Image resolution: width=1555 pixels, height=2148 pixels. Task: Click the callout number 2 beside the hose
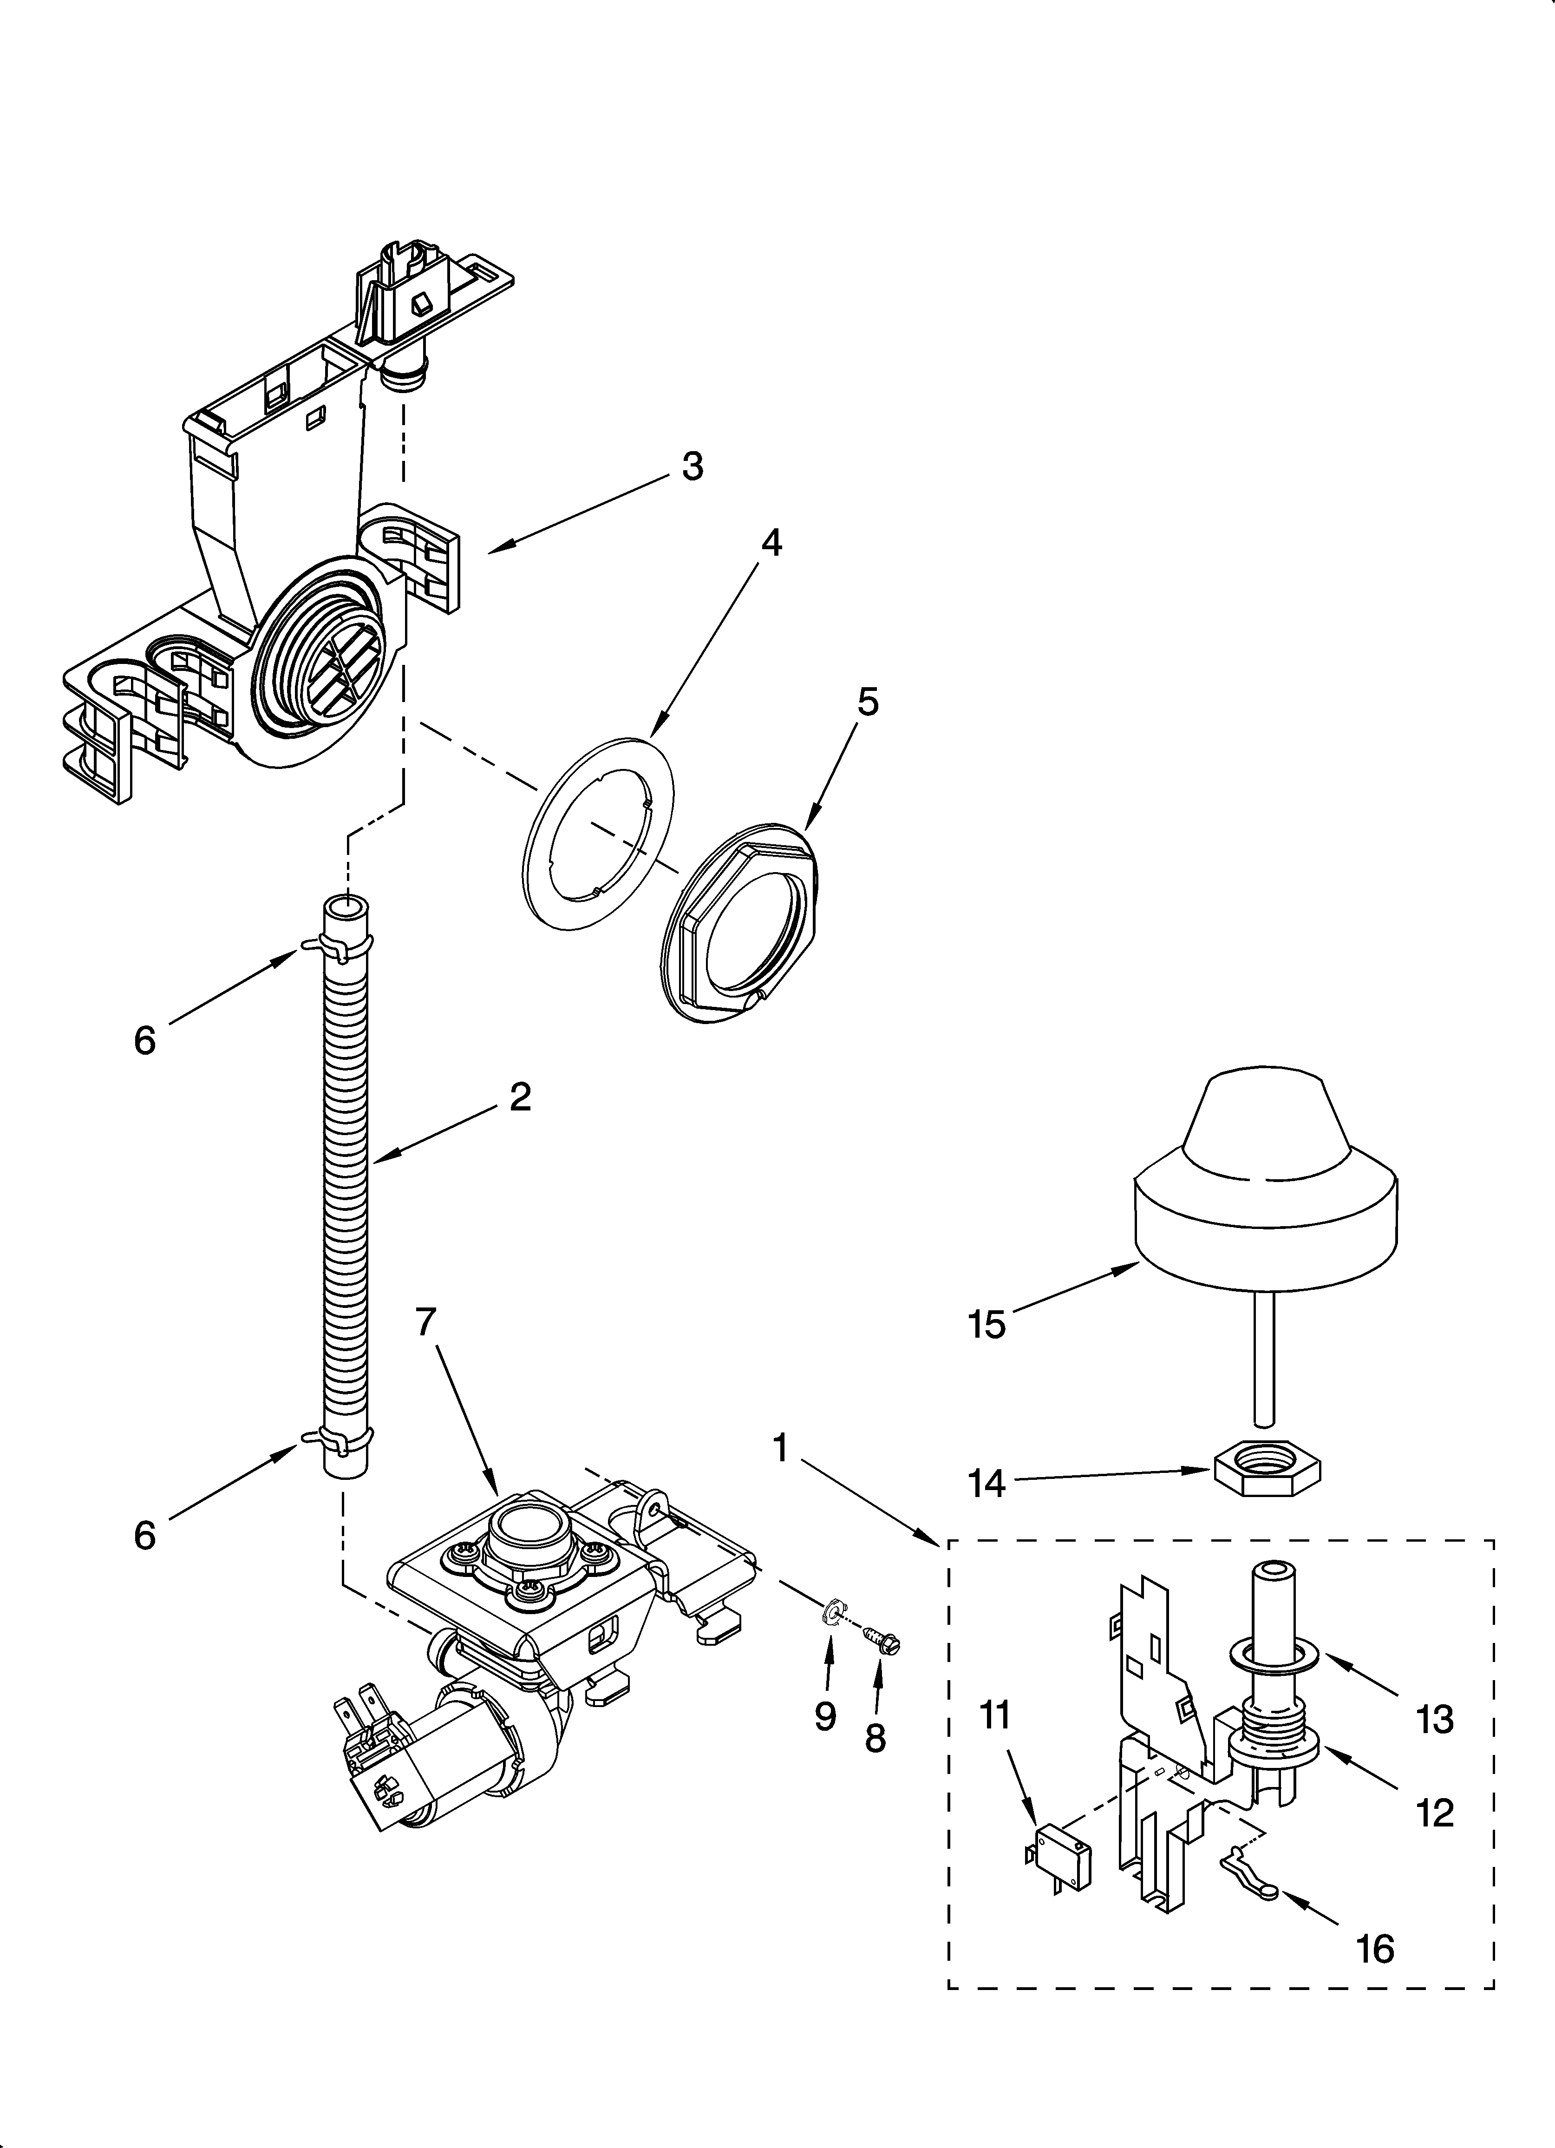[x=520, y=1097]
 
